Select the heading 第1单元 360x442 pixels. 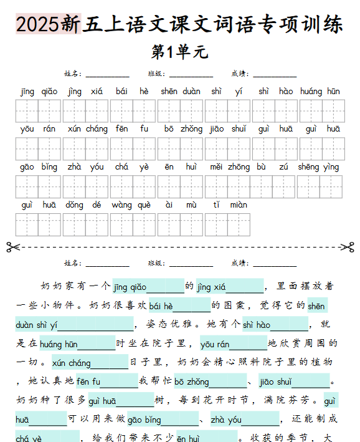179,52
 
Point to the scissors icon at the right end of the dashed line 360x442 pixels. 347,246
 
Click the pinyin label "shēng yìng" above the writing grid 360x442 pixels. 318,167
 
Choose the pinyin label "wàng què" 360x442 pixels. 131,204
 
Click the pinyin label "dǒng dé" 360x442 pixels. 83,204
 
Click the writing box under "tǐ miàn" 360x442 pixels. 227,224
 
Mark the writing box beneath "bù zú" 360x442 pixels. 274,186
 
